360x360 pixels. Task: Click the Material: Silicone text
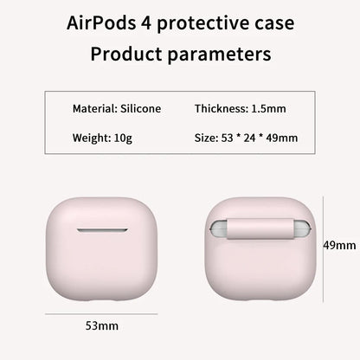116,110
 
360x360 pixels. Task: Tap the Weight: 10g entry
98,138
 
